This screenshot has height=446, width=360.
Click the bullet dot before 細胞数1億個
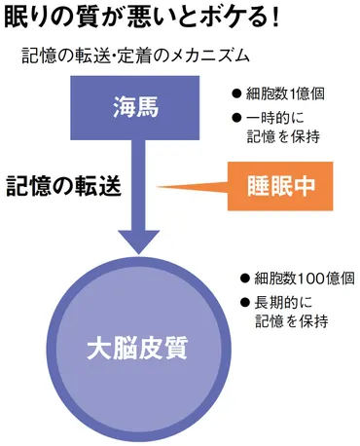236,95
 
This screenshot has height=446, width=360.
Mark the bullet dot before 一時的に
236,119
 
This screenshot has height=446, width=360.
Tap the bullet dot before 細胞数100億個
244,277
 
